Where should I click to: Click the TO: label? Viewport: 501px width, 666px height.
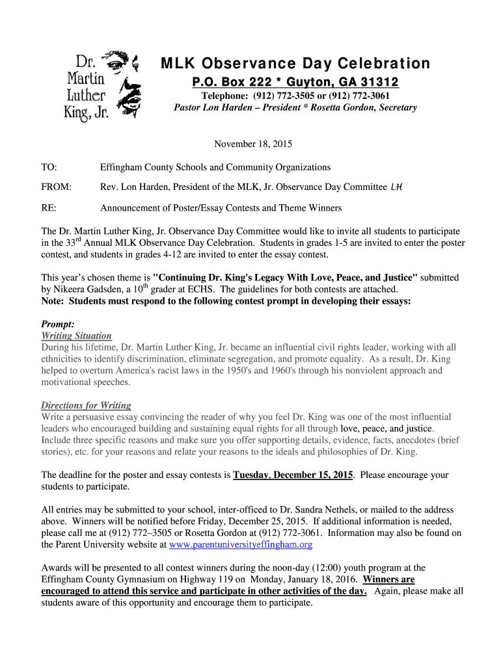[48, 167]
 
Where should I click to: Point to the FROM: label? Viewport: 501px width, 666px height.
[55, 187]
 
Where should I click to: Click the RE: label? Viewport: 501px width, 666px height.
[49, 208]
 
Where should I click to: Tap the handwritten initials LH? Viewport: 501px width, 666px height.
[396, 187]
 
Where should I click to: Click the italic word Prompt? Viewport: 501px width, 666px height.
[58, 324]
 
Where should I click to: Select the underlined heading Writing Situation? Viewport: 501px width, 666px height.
[76, 336]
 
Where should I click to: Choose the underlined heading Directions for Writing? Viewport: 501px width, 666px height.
[86, 405]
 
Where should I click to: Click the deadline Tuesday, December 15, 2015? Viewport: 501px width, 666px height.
[293, 475]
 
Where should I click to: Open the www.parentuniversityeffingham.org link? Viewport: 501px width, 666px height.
[241, 544]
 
